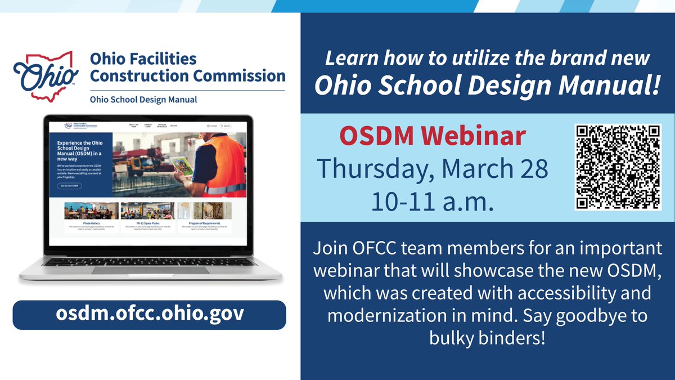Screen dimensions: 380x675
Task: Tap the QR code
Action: tap(618, 167)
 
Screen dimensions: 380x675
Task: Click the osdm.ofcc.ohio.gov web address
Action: tap(150, 314)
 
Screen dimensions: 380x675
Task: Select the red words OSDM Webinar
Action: tap(433, 136)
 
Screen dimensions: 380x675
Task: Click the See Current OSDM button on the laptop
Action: tap(69, 186)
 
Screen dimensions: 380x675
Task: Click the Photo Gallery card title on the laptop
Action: tap(92, 223)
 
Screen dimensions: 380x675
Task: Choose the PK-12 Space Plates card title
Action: tap(147, 223)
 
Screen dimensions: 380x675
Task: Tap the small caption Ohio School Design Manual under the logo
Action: tap(143, 99)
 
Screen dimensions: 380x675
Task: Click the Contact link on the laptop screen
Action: tap(211, 126)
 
